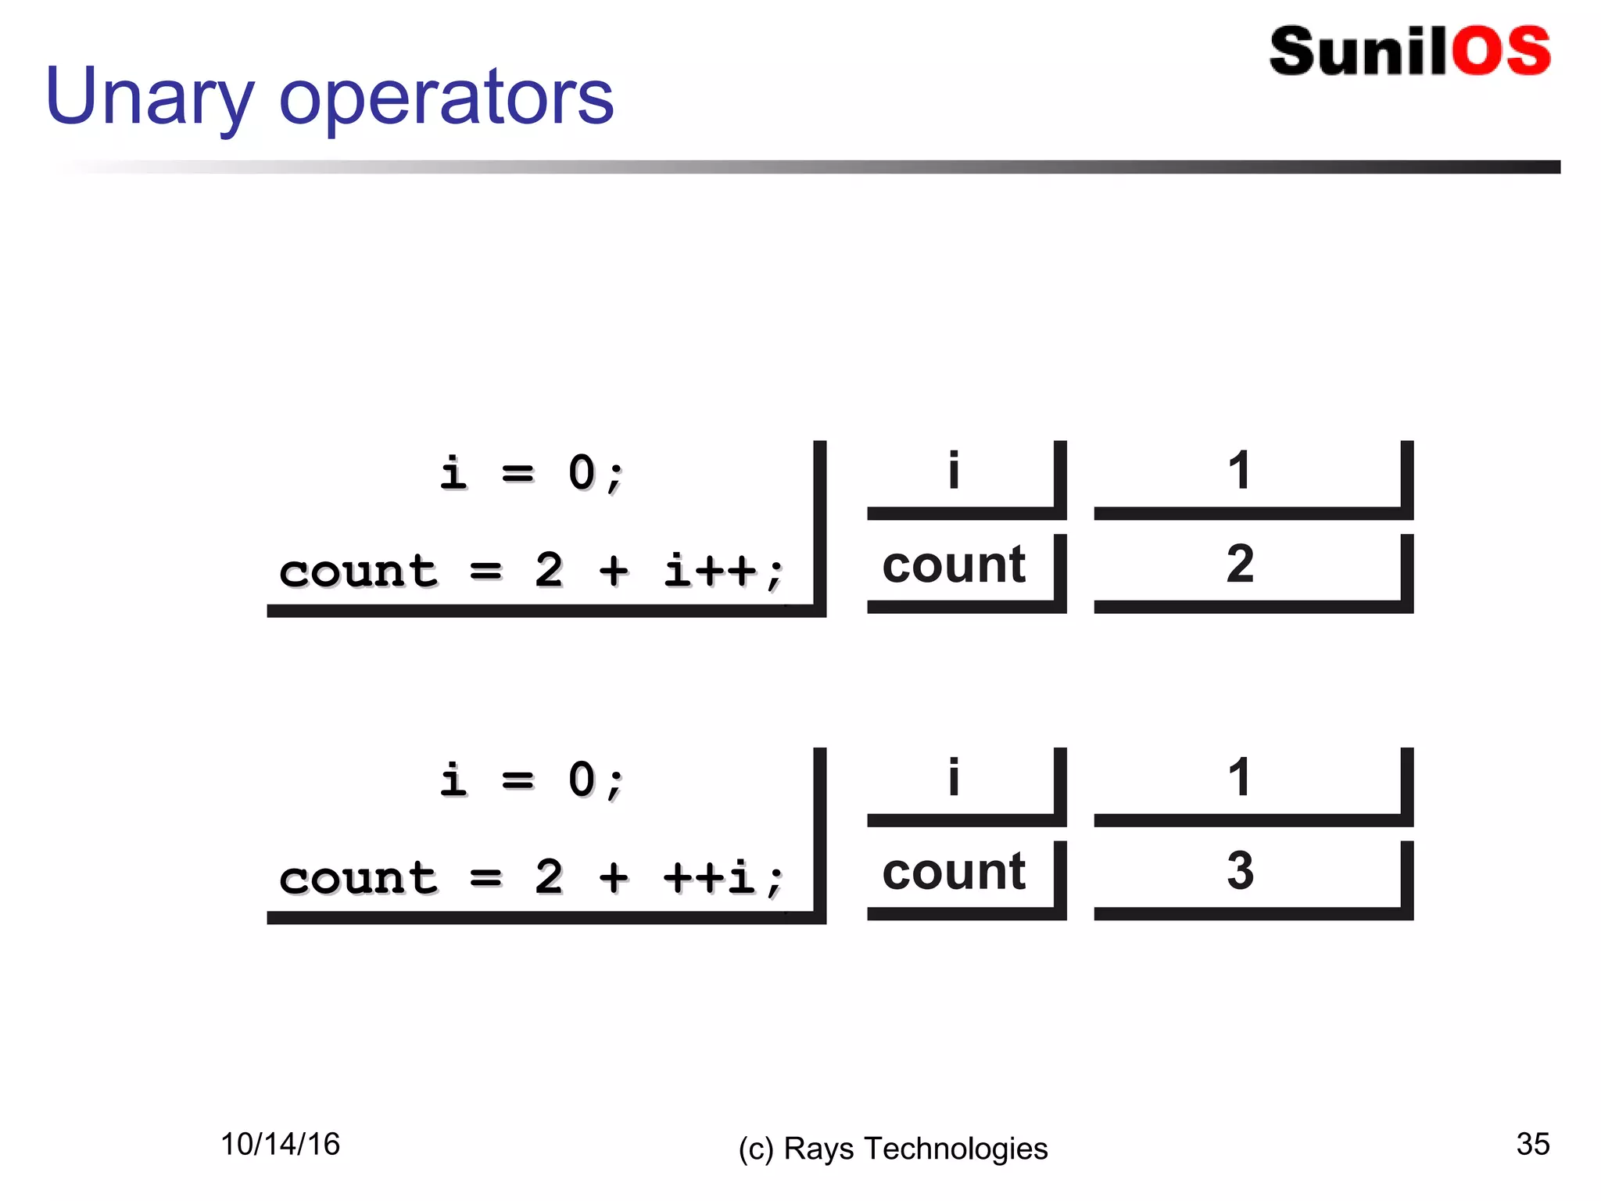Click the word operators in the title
pos(446,97)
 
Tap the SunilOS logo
pos(1409,52)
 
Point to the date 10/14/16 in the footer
pos(280,1144)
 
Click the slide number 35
pos(1532,1144)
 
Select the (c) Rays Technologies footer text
pos(893,1149)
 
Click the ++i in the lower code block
pos(710,877)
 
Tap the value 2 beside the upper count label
pos(1240,564)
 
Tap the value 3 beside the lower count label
pos(1240,870)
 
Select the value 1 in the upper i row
pos(1239,471)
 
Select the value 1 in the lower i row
pos(1239,778)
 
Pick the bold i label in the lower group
pos(953,777)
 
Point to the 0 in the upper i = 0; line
pos(582,473)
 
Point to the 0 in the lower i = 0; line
pos(582,780)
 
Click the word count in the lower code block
pos(358,878)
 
